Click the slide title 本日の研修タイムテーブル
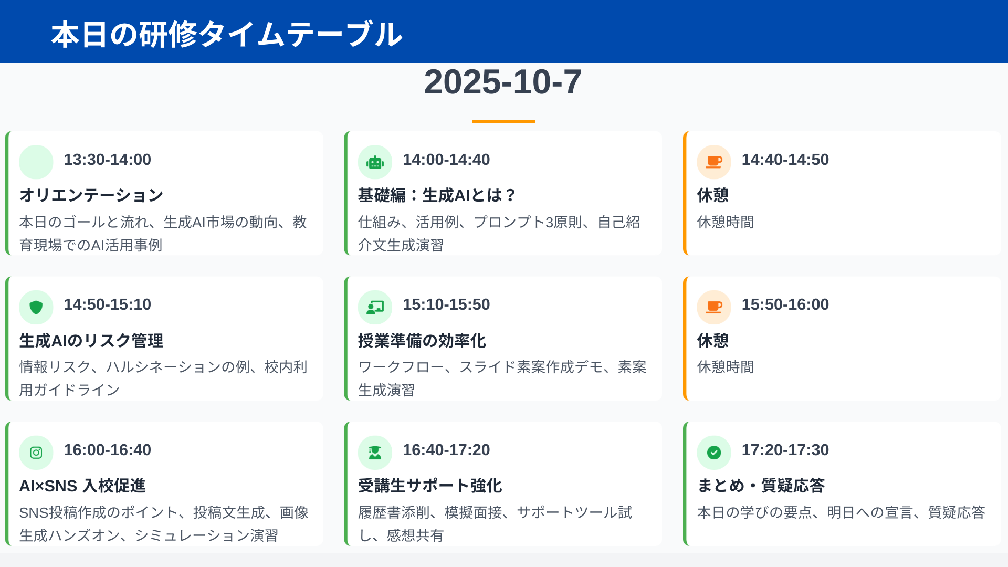227,35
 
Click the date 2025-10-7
503,82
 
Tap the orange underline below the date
504,121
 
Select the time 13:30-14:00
108,160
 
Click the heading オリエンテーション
91,195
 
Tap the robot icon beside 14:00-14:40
375,163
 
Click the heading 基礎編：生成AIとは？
437,195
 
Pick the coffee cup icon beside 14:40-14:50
714,162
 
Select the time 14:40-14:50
785,160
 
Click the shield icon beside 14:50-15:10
36,307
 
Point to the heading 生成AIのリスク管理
91,341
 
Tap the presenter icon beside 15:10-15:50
375,307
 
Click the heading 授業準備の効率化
422,341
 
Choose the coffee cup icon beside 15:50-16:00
714,307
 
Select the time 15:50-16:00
785,304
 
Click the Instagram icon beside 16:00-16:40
36,453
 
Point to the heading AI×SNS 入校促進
82,486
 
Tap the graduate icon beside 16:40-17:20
375,453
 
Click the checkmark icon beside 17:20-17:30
714,453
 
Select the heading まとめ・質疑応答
761,486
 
